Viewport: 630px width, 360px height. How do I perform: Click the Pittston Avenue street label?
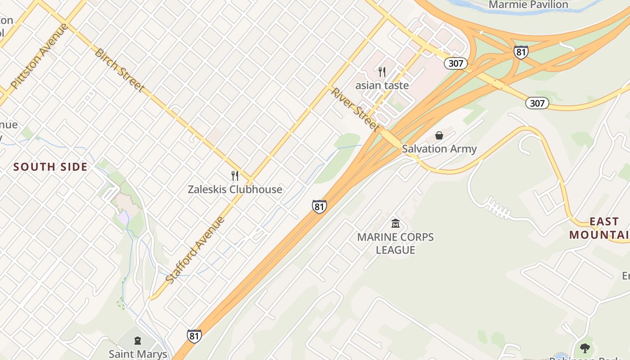click(x=39, y=56)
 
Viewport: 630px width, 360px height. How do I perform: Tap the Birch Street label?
click(x=119, y=70)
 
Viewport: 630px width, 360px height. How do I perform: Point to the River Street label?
click(x=355, y=109)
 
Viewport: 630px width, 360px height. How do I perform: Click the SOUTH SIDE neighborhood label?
click(x=50, y=167)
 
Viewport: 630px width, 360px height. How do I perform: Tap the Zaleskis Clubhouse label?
click(x=235, y=189)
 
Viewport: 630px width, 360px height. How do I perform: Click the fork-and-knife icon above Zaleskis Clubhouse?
click(x=234, y=175)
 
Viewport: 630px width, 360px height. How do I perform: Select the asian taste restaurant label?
click(x=382, y=85)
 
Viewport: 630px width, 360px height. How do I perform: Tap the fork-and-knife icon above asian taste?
click(x=382, y=72)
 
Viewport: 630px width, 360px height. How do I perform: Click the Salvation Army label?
click(x=439, y=148)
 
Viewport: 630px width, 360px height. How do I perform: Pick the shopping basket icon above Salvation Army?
click(x=439, y=135)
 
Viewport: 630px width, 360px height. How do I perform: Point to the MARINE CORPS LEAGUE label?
click(x=396, y=243)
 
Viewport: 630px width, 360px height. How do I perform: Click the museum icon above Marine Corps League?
click(x=396, y=223)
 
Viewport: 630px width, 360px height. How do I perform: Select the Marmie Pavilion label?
click(x=528, y=4)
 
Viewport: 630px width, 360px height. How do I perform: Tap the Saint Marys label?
click(x=138, y=354)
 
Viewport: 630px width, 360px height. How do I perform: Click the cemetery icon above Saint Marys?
click(x=138, y=341)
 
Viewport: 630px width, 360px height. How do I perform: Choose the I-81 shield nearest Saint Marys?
click(x=194, y=336)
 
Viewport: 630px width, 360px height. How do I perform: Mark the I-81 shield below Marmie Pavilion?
click(x=521, y=52)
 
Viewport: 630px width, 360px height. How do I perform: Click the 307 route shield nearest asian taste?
click(x=456, y=63)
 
